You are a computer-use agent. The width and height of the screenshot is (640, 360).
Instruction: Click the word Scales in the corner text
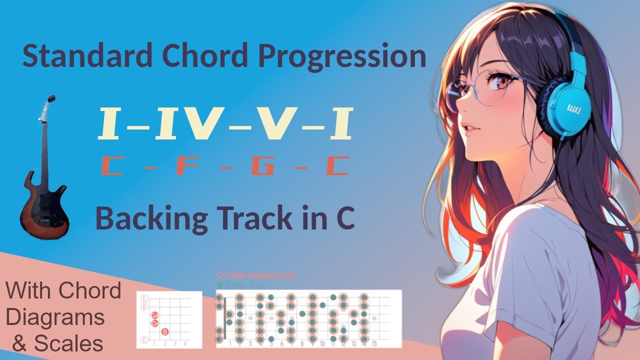tap(68, 343)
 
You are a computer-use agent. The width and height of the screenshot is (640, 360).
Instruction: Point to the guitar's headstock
tap(49, 105)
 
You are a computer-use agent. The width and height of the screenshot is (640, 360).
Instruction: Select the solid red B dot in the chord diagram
tap(165, 331)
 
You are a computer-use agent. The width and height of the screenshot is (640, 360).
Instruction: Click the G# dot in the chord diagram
tap(155, 315)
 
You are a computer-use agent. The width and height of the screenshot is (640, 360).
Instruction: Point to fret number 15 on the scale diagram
tap(374, 344)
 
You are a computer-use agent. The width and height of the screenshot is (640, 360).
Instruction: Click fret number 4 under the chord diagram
tap(185, 344)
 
